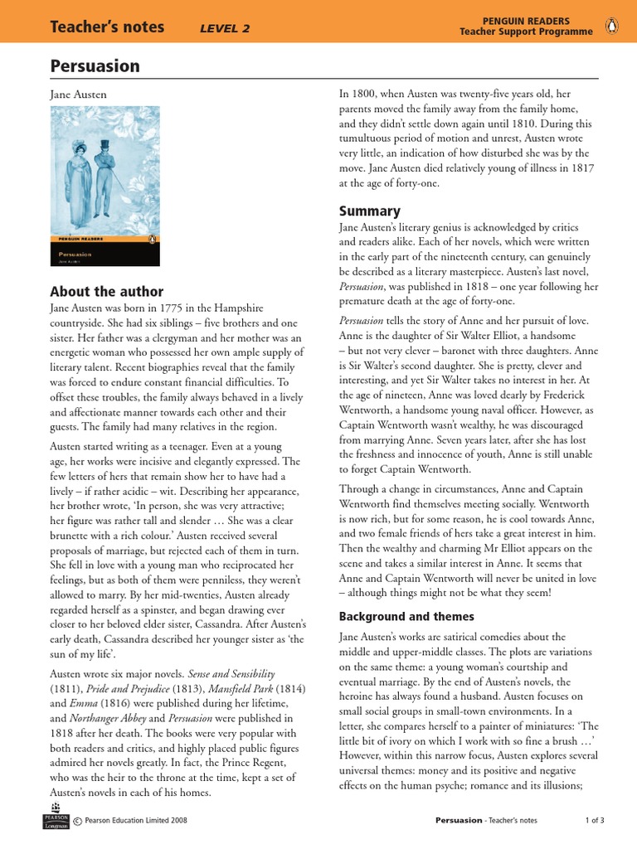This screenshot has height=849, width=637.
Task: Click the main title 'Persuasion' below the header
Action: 95,66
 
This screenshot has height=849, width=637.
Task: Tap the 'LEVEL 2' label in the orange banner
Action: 225,29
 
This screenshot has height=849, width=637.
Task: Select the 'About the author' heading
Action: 107,291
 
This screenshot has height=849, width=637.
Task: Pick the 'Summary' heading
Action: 370,211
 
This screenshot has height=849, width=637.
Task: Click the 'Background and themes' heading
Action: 406,616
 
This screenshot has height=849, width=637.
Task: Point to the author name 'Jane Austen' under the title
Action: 79,95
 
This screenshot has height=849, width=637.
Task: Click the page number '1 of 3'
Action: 595,820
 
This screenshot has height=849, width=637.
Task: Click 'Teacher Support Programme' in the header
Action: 527,32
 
